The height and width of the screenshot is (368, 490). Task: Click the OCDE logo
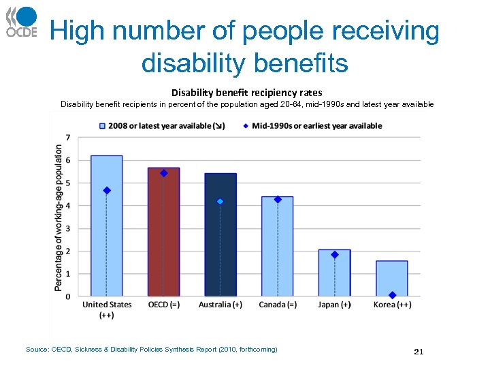[22, 22]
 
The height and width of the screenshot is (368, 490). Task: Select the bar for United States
[107, 232]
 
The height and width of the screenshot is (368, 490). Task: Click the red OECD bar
[163, 239]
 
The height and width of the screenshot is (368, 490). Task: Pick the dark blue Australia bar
[220, 245]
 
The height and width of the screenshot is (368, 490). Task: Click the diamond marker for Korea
[392, 295]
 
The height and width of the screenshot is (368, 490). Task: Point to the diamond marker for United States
[107, 190]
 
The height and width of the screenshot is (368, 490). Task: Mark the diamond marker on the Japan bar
[334, 254]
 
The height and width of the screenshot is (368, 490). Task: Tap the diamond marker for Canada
[277, 199]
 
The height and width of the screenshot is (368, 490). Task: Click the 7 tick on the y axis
[67, 138]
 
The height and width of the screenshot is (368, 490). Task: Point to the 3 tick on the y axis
[67, 228]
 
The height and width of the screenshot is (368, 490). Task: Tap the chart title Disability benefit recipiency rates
[246, 92]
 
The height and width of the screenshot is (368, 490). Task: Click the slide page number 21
[419, 352]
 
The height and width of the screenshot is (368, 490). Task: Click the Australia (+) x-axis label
[220, 305]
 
